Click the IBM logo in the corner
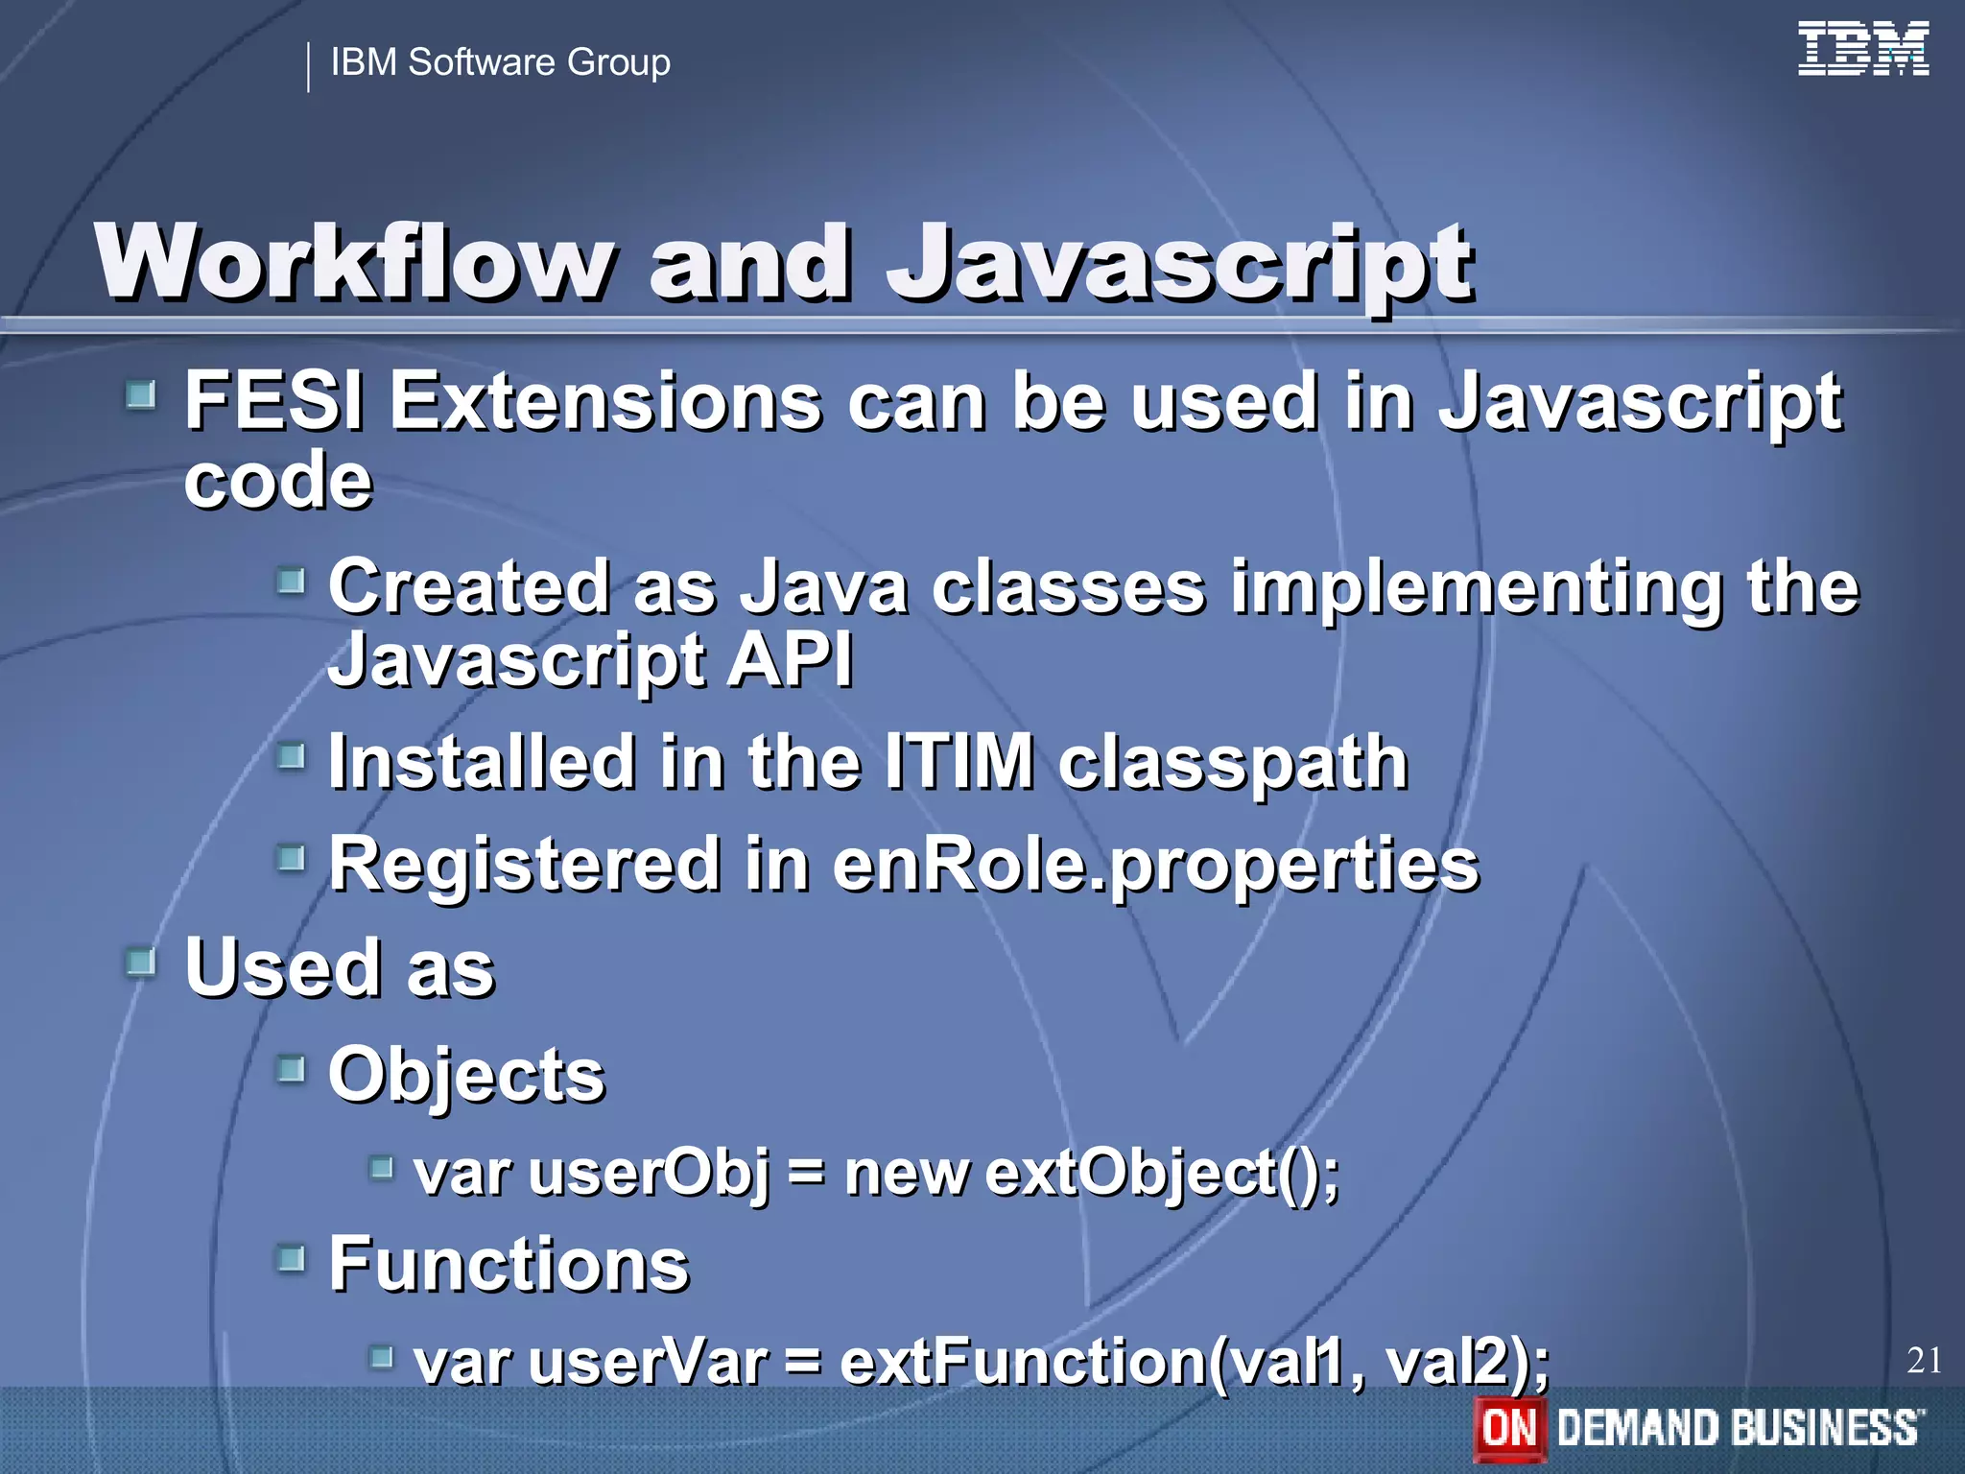1862,49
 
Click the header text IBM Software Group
500,62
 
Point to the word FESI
274,402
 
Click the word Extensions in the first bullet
605,402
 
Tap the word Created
469,586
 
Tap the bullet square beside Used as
141,961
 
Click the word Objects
466,1076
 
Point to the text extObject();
1162,1174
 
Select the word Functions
509,1265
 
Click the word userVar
648,1362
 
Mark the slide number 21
1924,1360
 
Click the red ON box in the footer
1509,1428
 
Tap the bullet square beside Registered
291,857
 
